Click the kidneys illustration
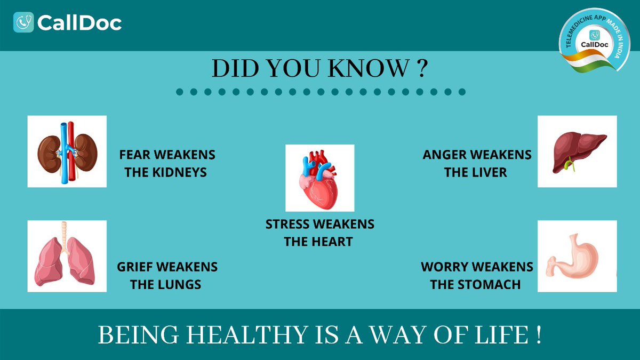point(67,151)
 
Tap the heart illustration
point(319,178)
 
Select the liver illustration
point(577,151)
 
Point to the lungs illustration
point(67,256)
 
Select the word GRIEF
point(136,267)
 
